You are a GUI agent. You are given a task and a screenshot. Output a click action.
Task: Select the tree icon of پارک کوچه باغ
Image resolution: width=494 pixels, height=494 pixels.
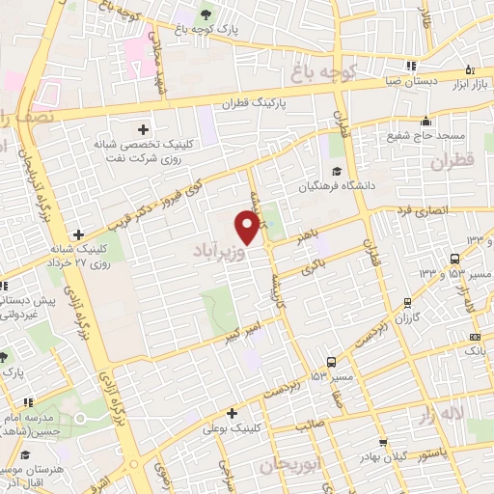tap(205, 14)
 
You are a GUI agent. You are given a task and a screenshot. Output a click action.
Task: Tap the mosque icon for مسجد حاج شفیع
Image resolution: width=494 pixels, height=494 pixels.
tap(425, 123)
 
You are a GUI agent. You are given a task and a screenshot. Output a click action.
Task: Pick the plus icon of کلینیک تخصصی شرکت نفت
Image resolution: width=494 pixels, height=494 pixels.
tap(144, 128)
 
